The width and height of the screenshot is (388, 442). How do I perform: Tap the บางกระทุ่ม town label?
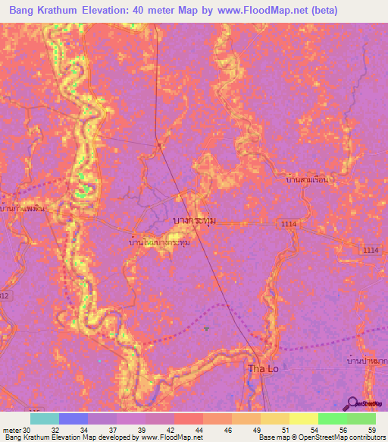tap(195, 220)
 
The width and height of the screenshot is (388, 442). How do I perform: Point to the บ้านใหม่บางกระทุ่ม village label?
tap(160, 243)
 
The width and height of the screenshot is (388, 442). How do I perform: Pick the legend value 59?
tap(371, 429)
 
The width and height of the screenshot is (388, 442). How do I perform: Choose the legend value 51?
tap(285, 429)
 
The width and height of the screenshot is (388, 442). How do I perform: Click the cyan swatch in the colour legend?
tap(45, 418)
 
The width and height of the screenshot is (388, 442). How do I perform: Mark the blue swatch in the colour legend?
tap(74, 418)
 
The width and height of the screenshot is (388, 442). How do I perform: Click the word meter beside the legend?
tap(11, 429)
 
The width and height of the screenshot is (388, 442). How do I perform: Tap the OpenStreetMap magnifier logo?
tap(353, 403)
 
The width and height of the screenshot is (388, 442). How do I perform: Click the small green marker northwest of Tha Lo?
tap(206, 329)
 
